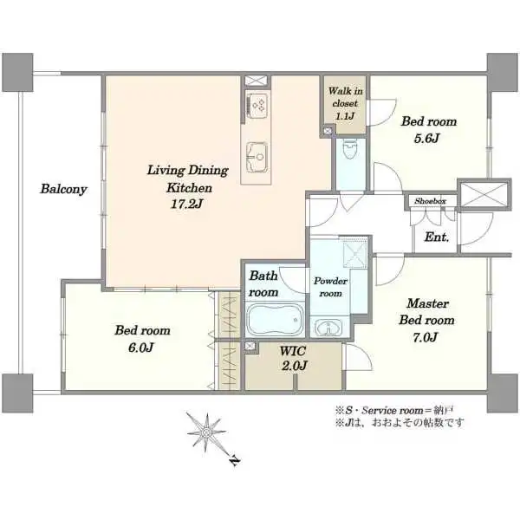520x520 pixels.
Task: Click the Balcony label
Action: (63, 189)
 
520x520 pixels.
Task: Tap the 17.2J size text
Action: (186, 205)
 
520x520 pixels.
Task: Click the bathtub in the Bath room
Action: (275, 320)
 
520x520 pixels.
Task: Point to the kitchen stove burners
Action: (257, 105)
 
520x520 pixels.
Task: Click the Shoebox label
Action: (430, 201)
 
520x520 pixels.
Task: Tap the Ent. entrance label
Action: (437, 237)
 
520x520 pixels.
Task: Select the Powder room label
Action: (330, 287)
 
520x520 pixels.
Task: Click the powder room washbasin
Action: (328, 328)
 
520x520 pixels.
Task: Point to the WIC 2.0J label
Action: (294, 358)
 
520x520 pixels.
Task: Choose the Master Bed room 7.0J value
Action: (426, 338)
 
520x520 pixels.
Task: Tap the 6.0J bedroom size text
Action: (141, 348)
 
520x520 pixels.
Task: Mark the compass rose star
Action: (206, 432)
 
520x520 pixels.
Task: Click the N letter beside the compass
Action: (235, 460)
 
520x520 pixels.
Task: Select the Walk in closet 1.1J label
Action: (345, 103)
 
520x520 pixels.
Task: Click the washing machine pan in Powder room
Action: (354, 253)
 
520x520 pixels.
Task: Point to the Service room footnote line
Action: (394, 410)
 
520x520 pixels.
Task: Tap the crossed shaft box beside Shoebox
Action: (484, 193)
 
